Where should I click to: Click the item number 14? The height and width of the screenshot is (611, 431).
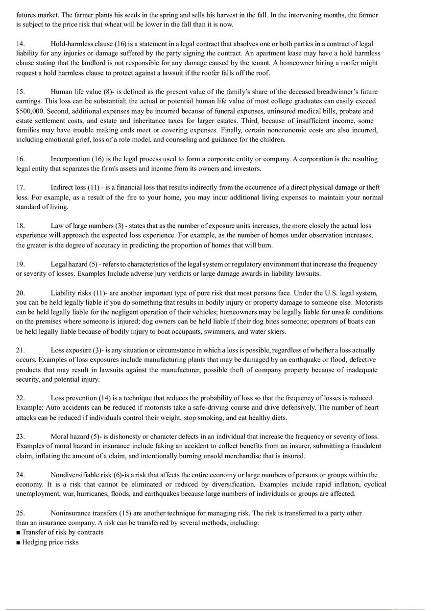(x=20, y=44)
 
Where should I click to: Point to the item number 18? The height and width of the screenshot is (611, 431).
(x=20, y=226)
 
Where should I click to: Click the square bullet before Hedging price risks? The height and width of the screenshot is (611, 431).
(x=18, y=542)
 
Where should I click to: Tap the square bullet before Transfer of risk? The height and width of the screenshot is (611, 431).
(x=18, y=533)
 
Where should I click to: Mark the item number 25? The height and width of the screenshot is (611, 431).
(x=20, y=513)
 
